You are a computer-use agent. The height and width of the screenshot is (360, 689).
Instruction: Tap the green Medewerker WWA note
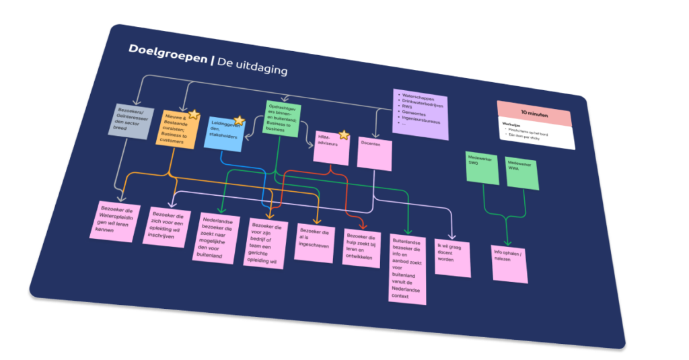tap(522, 172)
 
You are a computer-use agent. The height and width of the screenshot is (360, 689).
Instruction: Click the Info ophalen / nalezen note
tap(509, 262)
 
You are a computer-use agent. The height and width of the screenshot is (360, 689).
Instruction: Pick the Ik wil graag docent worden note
tap(452, 256)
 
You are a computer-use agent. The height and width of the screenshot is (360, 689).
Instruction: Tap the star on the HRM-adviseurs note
tap(344, 135)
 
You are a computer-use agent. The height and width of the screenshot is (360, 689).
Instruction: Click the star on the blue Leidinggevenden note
tap(238, 121)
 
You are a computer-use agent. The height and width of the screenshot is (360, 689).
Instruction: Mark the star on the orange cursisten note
tap(192, 114)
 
